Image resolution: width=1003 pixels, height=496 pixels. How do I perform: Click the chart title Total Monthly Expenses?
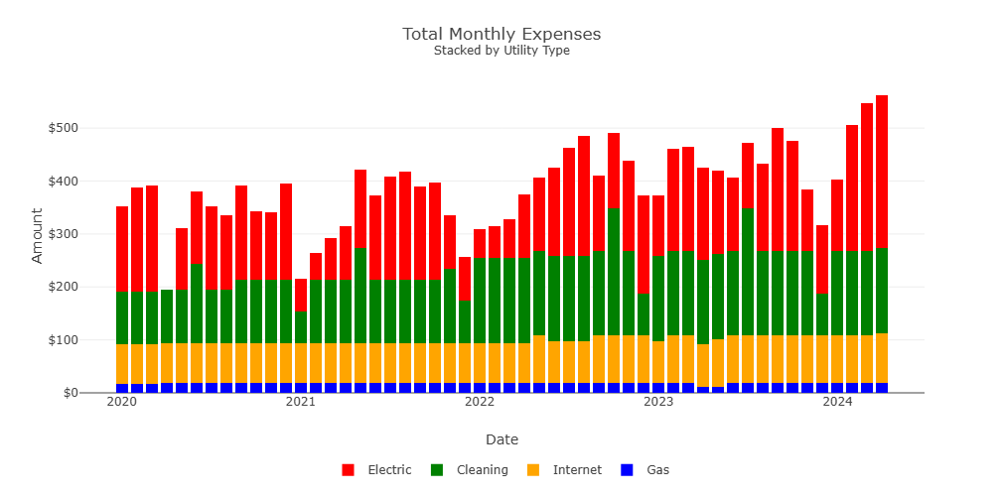pos(501,34)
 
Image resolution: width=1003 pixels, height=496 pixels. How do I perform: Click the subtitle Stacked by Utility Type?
pos(501,51)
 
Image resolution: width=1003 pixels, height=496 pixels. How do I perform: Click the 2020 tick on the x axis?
pos(121,402)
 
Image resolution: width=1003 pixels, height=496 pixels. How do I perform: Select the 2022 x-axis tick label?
pos(480,402)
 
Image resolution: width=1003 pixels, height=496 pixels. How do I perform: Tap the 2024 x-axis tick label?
pos(838,402)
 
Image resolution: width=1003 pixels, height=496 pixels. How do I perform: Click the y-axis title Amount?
pos(38,235)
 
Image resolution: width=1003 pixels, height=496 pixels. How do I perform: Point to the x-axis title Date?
pos(501,439)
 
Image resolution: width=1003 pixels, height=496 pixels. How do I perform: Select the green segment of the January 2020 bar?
pos(122,317)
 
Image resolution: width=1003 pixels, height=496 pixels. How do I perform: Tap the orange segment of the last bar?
pos(882,358)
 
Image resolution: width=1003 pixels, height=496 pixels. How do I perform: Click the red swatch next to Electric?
pos(348,470)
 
